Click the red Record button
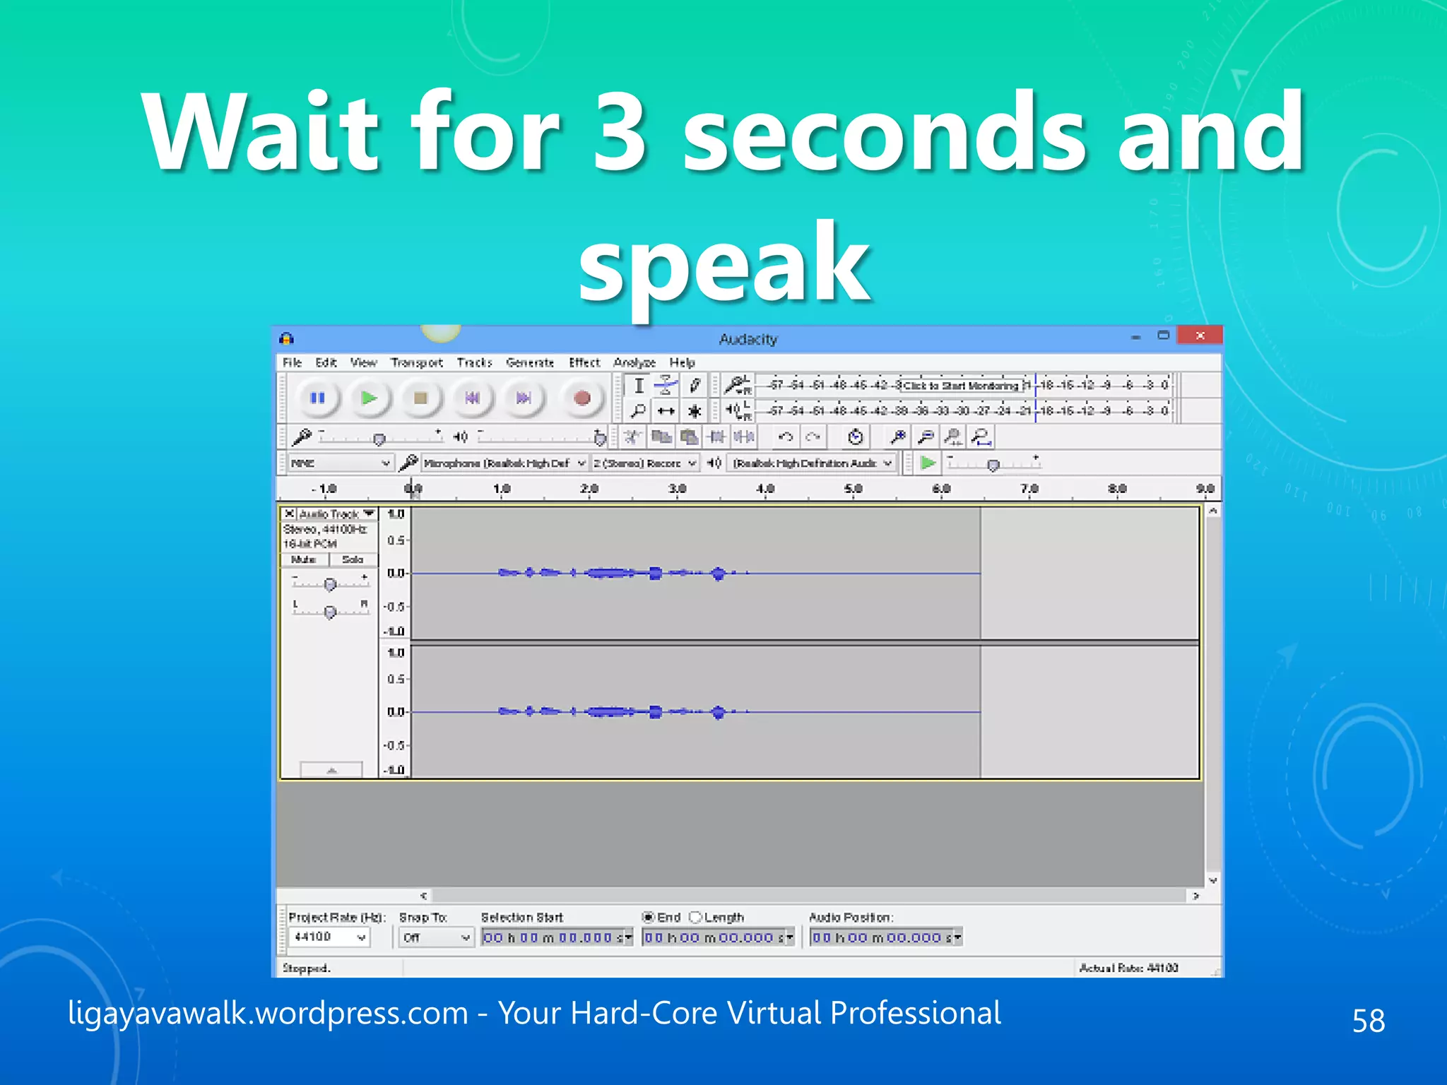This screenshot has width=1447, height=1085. pos(581,398)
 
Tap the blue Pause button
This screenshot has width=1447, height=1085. pos(317,398)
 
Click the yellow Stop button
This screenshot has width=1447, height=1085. pos(420,398)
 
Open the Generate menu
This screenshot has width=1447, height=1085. pos(530,362)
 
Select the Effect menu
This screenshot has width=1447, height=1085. pos(584,362)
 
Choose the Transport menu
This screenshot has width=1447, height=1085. pos(417,362)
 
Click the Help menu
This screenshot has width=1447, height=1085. pos(682,362)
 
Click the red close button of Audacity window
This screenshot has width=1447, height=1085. pos(1200,336)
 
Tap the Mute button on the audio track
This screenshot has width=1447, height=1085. pos(304,559)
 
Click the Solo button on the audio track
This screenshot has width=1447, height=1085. pos(353,559)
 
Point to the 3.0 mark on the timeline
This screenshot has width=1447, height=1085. pos(677,489)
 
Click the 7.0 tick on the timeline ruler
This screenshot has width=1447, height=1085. pos(1029,489)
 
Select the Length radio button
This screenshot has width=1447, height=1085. pos(695,917)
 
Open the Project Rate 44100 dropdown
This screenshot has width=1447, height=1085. pos(329,937)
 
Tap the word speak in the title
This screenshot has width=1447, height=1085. pos(723,263)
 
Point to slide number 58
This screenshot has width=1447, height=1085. pos(1369,1020)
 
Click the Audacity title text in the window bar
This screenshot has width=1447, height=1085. pos(748,339)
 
